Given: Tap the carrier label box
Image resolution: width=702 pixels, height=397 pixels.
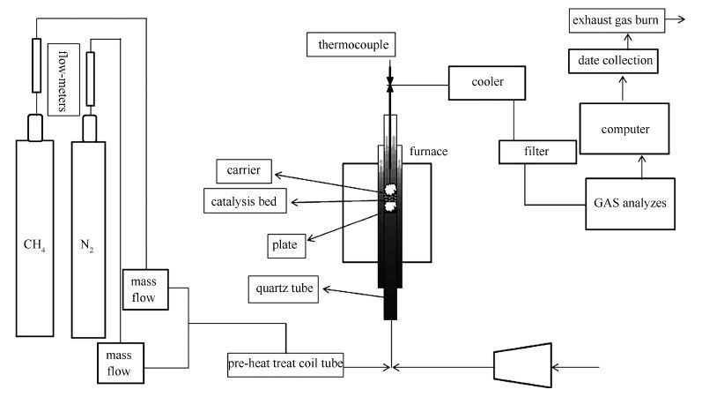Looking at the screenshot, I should [244, 169].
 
